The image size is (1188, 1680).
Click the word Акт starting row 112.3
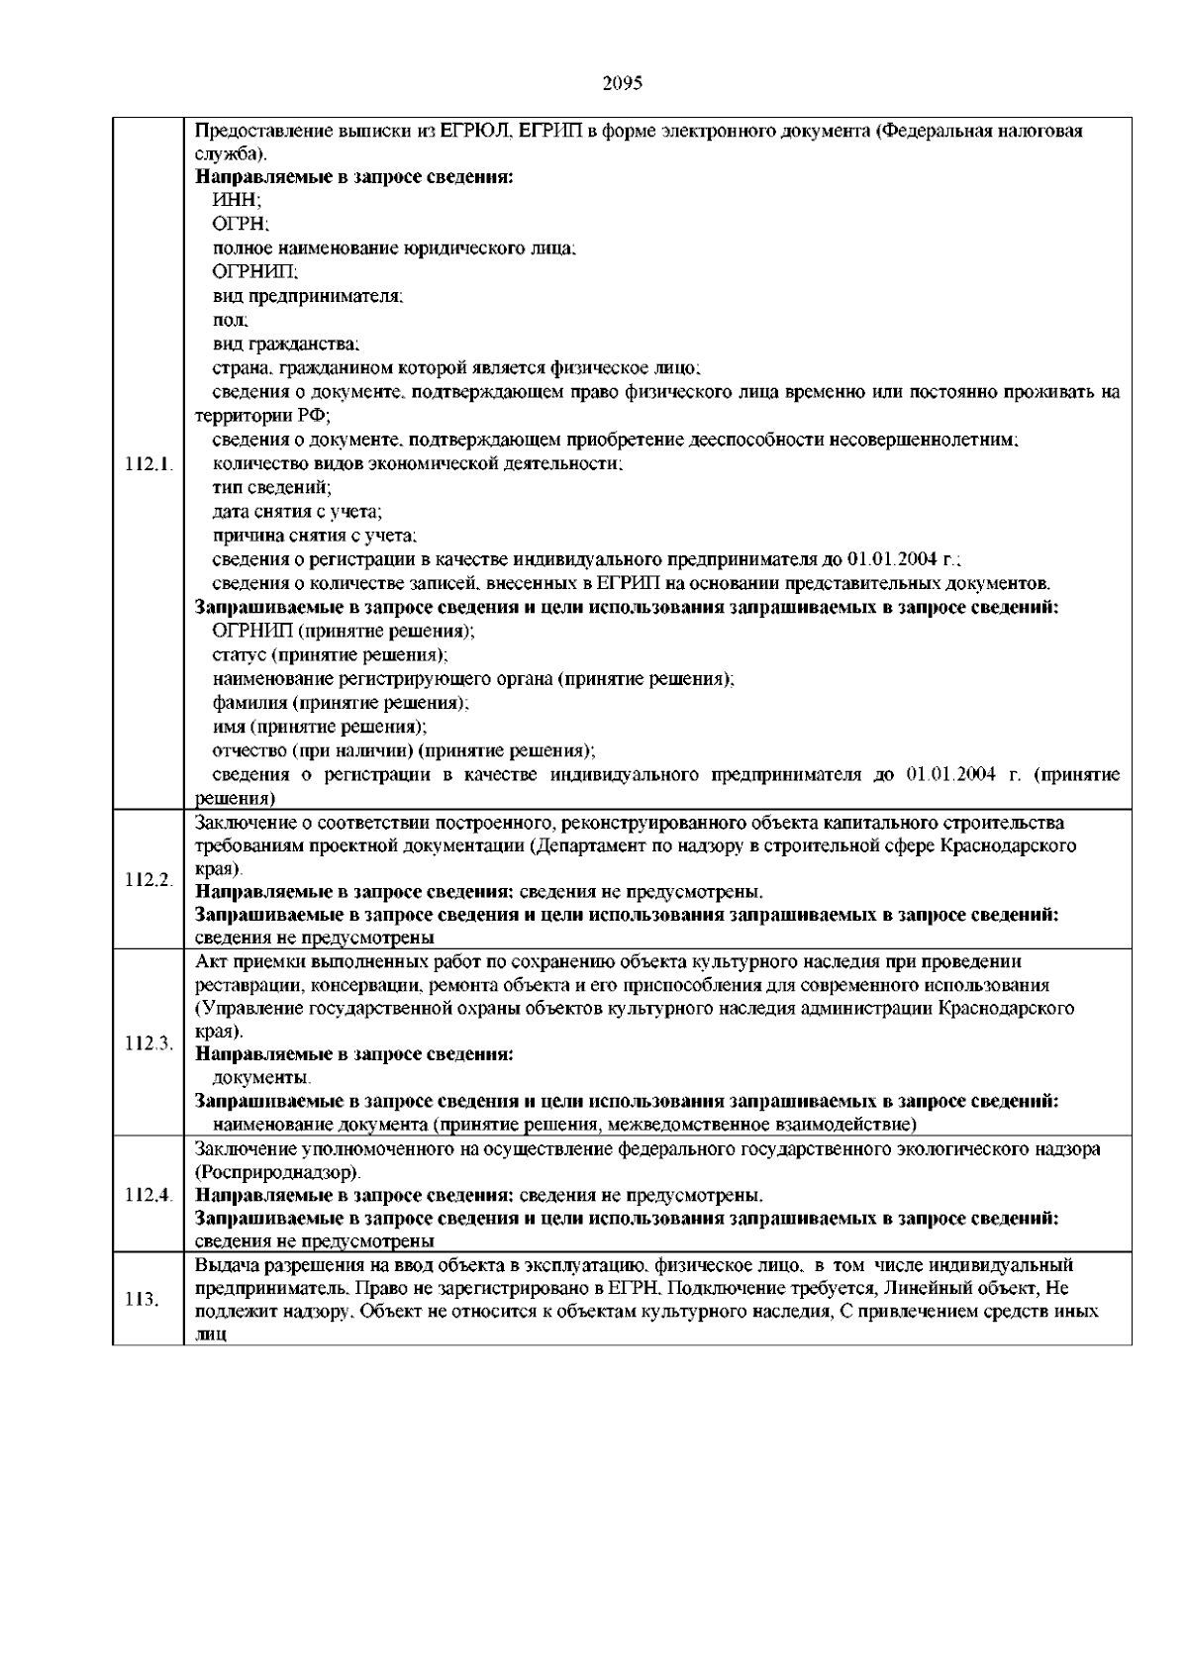[211, 961]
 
